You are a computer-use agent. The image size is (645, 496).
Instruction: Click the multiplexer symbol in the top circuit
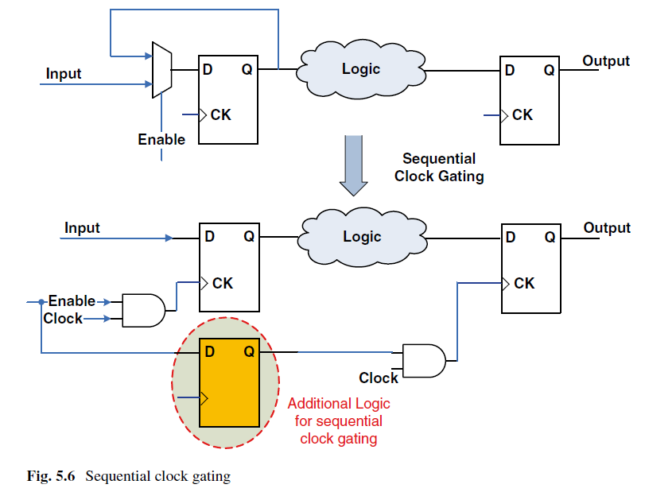click(162, 70)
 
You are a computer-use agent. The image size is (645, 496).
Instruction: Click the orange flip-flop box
click(230, 383)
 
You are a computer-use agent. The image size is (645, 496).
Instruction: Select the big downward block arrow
click(353, 165)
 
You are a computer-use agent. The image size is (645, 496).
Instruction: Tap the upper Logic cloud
click(361, 69)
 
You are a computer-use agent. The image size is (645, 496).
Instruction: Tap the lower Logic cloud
click(362, 237)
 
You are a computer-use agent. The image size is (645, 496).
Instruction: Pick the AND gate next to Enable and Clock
click(144, 311)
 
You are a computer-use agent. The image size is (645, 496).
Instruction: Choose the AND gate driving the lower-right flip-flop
click(424, 361)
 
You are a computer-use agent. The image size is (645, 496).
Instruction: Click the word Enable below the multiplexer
click(161, 139)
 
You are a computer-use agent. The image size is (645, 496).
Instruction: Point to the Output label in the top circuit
click(606, 61)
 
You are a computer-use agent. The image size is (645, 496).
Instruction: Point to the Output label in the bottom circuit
click(607, 228)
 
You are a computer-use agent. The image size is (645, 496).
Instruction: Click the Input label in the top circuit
click(64, 74)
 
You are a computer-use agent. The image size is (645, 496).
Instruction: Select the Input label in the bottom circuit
click(82, 228)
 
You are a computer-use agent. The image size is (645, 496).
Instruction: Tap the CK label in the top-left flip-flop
click(221, 114)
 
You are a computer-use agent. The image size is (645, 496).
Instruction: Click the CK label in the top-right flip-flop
click(523, 114)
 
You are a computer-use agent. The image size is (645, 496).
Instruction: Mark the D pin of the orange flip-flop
click(210, 351)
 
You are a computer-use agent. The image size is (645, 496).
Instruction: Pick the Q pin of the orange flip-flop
click(249, 351)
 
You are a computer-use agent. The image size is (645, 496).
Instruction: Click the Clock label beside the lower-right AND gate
click(379, 378)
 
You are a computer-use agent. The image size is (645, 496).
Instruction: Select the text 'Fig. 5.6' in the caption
click(51, 476)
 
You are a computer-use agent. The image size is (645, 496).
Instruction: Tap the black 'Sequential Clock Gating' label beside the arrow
click(439, 168)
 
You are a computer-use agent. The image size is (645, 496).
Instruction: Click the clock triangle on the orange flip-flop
click(204, 398)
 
